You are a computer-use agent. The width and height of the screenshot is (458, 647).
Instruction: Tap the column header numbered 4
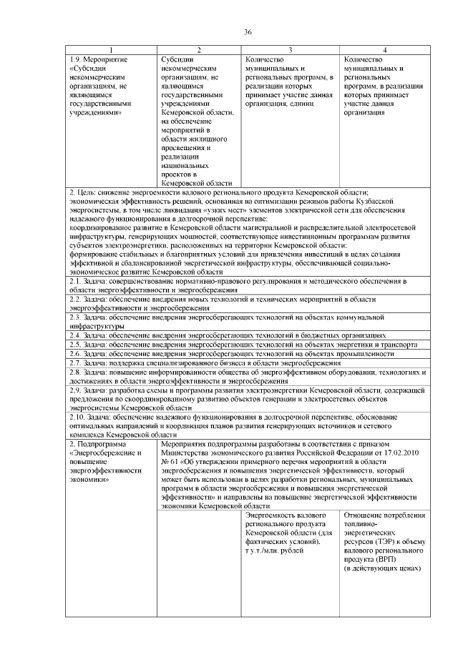pyautogui.click(x=385, y=49)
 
